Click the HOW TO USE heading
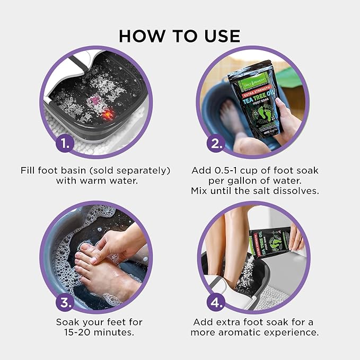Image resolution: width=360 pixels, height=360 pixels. tap(180, 36)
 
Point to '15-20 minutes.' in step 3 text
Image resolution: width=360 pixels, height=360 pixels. tap(100, 332)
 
